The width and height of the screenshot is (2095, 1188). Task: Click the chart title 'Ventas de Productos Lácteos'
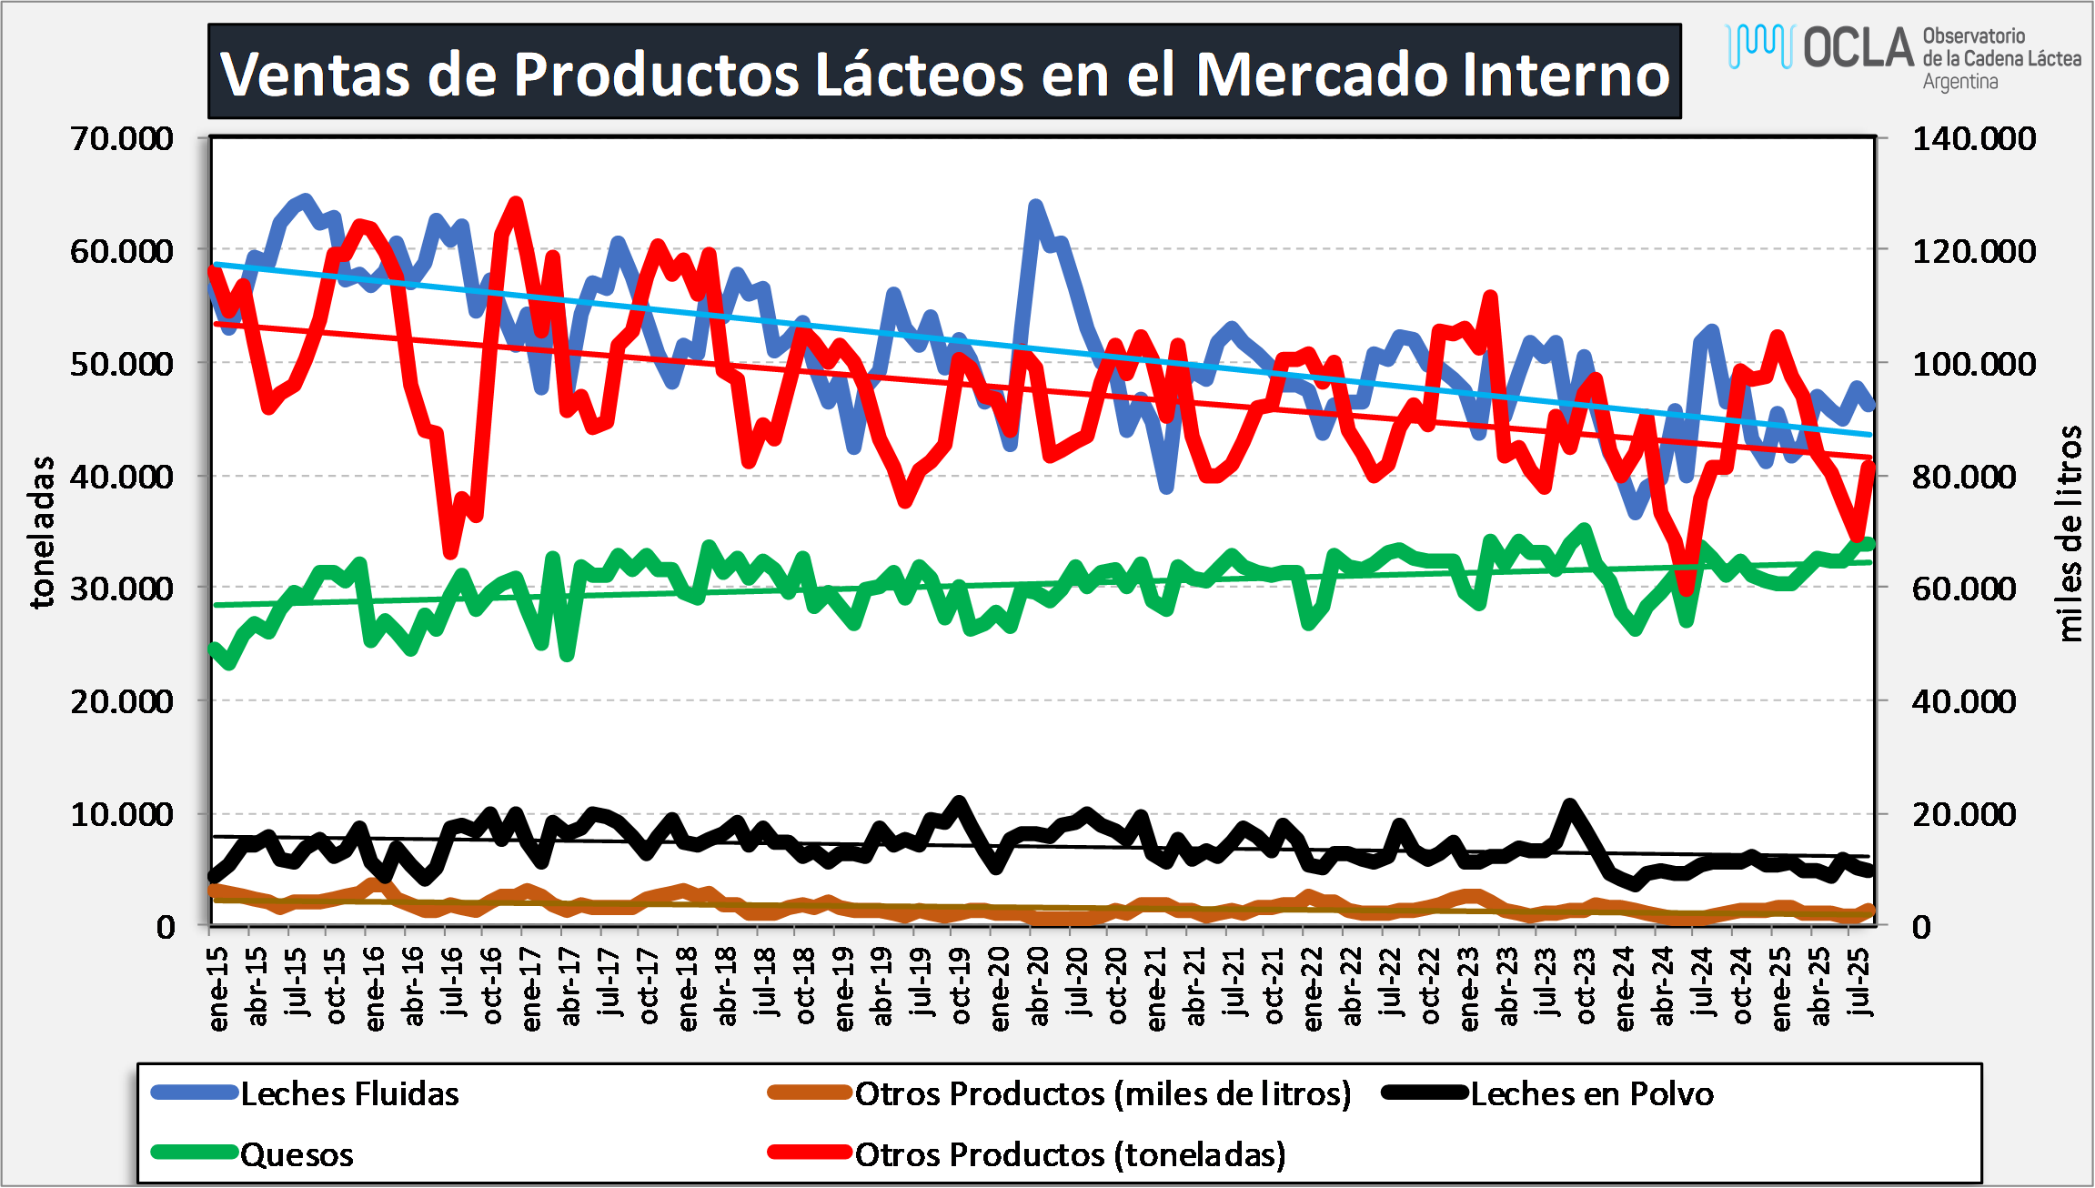point(944,73)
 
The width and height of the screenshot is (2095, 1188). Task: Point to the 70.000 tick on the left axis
point(122,139)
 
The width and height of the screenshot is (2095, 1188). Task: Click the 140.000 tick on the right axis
point(1973,139)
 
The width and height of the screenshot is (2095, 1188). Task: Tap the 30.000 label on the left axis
point(122,589)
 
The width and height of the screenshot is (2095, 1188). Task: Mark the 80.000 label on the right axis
point(1964,477)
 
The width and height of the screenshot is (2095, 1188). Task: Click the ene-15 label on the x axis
point(218,990)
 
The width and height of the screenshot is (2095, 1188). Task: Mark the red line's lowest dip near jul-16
point(449,552)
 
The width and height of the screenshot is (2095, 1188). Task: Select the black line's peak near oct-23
point(1568,804)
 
